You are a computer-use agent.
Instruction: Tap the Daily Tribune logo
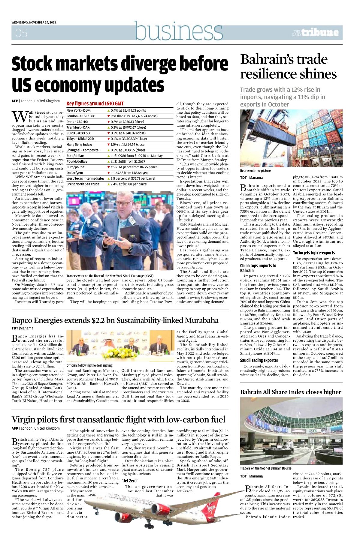tap(316, 33)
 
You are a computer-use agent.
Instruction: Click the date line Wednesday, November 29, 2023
tap(34, 22)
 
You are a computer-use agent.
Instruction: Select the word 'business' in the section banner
tap(178, 31)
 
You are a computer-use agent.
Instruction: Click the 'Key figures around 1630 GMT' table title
tap(95, 103)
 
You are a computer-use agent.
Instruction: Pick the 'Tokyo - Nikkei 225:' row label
tap(80, 139)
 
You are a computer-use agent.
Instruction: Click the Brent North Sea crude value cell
tap(127, 184)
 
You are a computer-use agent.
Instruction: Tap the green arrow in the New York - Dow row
tap(109, 111)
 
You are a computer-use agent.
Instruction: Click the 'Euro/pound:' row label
tap(75, 167)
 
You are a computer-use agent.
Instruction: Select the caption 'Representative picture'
tap(255, 171)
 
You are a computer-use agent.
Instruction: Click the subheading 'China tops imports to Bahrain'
tap(258, 268)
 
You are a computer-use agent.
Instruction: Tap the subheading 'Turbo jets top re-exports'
tap(314, 253)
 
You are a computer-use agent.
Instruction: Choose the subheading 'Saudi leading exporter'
tap(259, 360)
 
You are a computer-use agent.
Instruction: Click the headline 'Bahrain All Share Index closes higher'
tap(290, 392)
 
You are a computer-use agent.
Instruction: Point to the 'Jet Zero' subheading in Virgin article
tap(130, 481)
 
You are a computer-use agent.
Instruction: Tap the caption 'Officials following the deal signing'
tap(89, 365)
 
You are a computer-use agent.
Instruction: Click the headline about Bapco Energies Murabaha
tap(115, 320)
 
